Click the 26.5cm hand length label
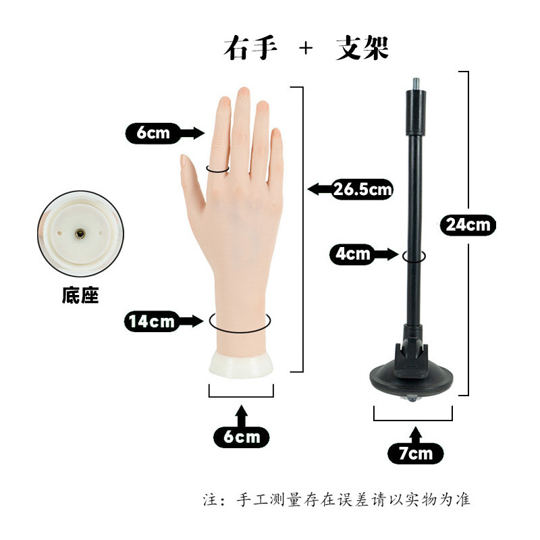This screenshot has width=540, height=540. click(362, 189)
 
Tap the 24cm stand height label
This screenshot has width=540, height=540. click(468, 224)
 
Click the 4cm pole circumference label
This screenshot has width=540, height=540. click(352, 254)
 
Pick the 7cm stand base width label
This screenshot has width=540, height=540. click(414, 453)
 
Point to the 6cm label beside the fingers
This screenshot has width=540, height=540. click(153, 132)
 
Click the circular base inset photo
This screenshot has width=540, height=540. click(80, 234)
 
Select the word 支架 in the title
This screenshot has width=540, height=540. click(362, 49)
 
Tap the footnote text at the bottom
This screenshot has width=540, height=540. click(337, 500)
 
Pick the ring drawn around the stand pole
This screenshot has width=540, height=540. click(413, 256)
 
